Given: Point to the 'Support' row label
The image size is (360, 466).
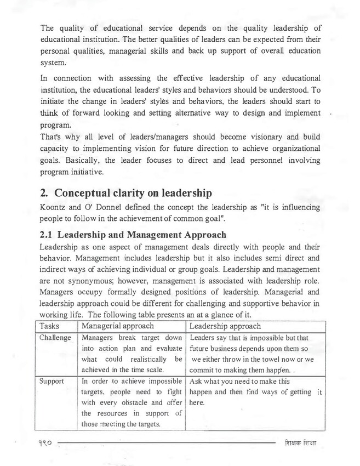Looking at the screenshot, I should coord(52,380).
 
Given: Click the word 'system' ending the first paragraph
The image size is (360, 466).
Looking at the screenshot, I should coord(53,62).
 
